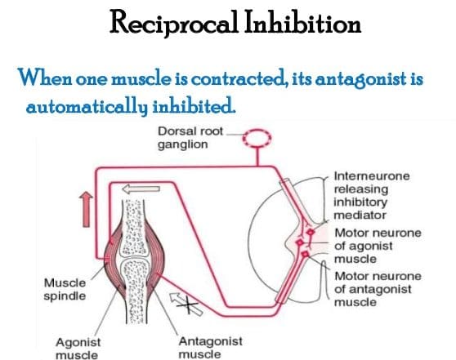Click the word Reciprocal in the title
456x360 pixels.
point(173,23)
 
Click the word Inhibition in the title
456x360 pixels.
point(302,21)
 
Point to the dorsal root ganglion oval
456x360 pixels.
point(257,138)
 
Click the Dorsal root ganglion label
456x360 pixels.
point(190,138)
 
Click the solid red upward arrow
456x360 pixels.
point(86,209)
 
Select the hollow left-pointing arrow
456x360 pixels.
point(141,189)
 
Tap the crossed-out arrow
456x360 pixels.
point(186,304)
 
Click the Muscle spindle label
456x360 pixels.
point(65,290)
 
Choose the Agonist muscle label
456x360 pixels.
point(78,349)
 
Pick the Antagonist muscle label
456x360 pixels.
point(211,348)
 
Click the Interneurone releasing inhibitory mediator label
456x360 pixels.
point(372,196)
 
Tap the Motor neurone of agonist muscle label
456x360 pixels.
point(378,246)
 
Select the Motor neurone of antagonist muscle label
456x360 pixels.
point(378,289)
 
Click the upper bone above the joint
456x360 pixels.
point(134,227)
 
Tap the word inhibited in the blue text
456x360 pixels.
point(194,106)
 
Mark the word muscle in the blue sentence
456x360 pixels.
point(141,78)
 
